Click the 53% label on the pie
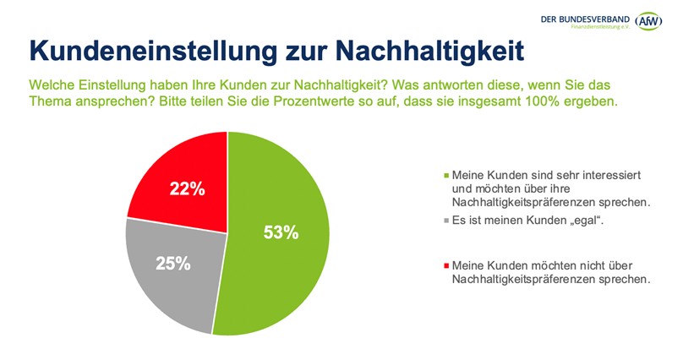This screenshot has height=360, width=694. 281,233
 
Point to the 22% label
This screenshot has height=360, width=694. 187,189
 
